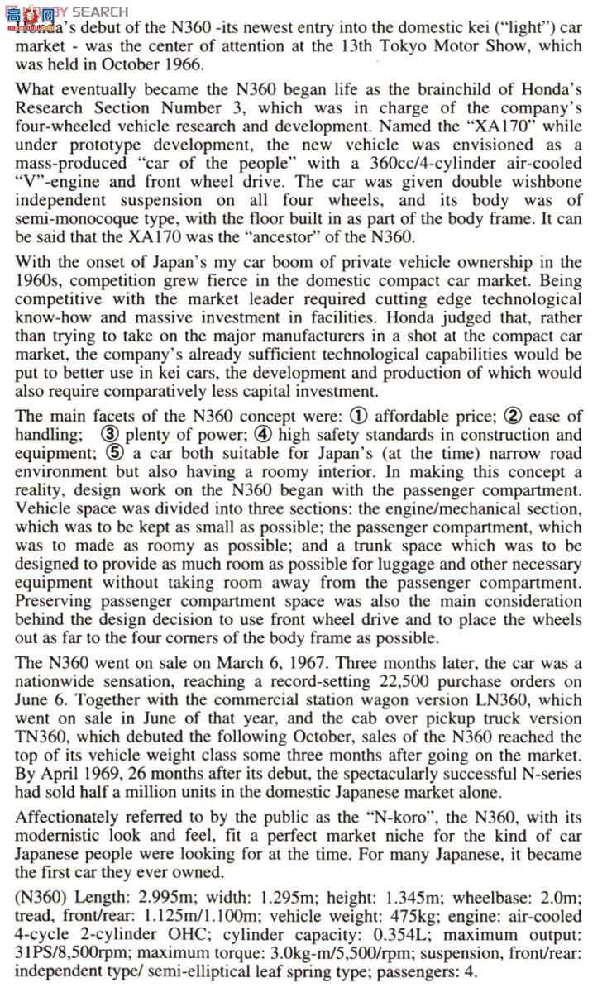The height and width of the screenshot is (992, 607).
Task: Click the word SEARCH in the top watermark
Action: click(100, 12)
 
